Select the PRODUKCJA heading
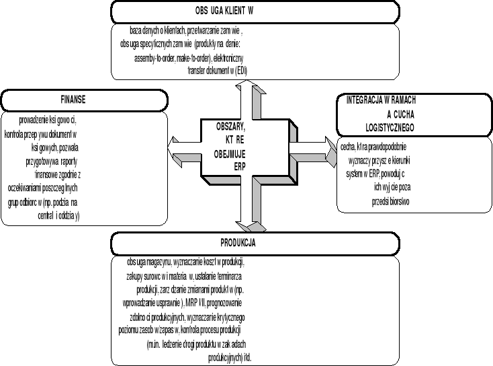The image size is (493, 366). click(236, 243)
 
